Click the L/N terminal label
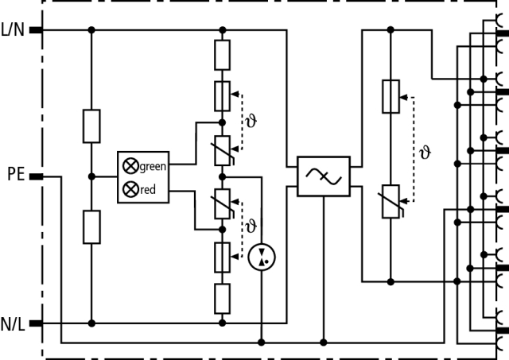tap(14, 31)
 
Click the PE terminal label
tap(17, 173)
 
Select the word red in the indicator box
tap(147, 190)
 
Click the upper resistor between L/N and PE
tap(91, 126)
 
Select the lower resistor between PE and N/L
tap(91, 226)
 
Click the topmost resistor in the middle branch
tap(223, 55)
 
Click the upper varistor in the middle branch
tap(223, 149)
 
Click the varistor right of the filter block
tap(390, 200)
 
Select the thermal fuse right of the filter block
tap(390, 96)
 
